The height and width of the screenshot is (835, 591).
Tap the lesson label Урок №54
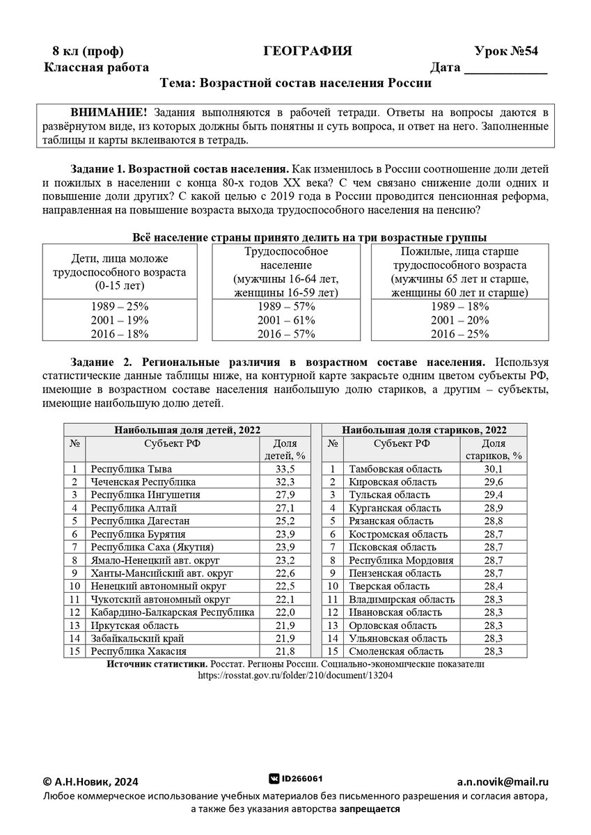(506, 51)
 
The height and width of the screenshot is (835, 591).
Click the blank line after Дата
(505, 68)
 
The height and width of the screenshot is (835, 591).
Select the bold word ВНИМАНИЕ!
(108, 112)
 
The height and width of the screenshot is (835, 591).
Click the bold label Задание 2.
(101, 363)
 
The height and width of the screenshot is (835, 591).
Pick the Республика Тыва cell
(132, 469)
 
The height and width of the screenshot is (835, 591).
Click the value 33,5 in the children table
(281, 469)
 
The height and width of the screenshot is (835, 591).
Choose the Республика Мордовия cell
(401, 560)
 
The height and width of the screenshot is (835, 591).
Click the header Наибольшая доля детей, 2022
(187, 429)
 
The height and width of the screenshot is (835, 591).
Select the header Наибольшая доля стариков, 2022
(424, 429)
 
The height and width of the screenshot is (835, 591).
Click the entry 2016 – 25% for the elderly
(459, 334)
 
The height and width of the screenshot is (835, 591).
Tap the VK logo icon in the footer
(274, 779)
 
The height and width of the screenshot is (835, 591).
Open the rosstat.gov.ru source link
(295, 675)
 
